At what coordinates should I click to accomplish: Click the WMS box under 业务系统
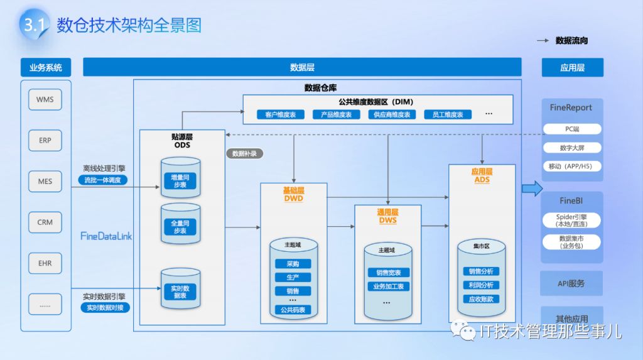pyautogui.click(x=45, y=99)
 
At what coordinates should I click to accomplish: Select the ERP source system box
pyautogui.click(x=45, y=140)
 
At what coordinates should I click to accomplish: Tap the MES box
pyautogui.click(x=45, y=182)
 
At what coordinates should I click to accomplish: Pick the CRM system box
pyautogui.click(x=45, y=222)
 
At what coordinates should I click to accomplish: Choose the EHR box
pyautogui.click(x=45, y=263)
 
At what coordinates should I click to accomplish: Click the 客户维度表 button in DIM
pyautogui.click(x=280, y=115)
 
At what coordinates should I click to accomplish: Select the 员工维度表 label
pyautogui.click(x=448, y=115)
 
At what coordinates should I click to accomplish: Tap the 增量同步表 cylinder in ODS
pyautogui.click(x=180, y=180)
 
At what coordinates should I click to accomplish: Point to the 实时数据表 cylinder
pyautogui.click(x=180, y=291)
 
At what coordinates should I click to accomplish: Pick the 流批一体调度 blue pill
pyautogui.click(x=104, y=180)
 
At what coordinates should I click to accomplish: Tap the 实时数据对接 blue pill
pyautogui.click(x=105, y=307)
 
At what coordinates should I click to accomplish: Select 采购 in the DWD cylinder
pyautogui.click(x=293, y=265)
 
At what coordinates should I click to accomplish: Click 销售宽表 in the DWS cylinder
pyautogui.click(x=389, y=273)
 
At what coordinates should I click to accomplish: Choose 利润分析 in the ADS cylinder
pyautogui.click(x=481, y=285)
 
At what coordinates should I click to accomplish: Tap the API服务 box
pyautogui.click(x=571, y=283)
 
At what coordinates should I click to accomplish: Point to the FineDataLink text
pyautogui.click(x=106, y=236)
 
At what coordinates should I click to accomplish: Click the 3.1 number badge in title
pyautogui.click(x=33, y=25)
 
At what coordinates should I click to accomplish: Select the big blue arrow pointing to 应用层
pyautogui.click(x=532, y=188)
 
